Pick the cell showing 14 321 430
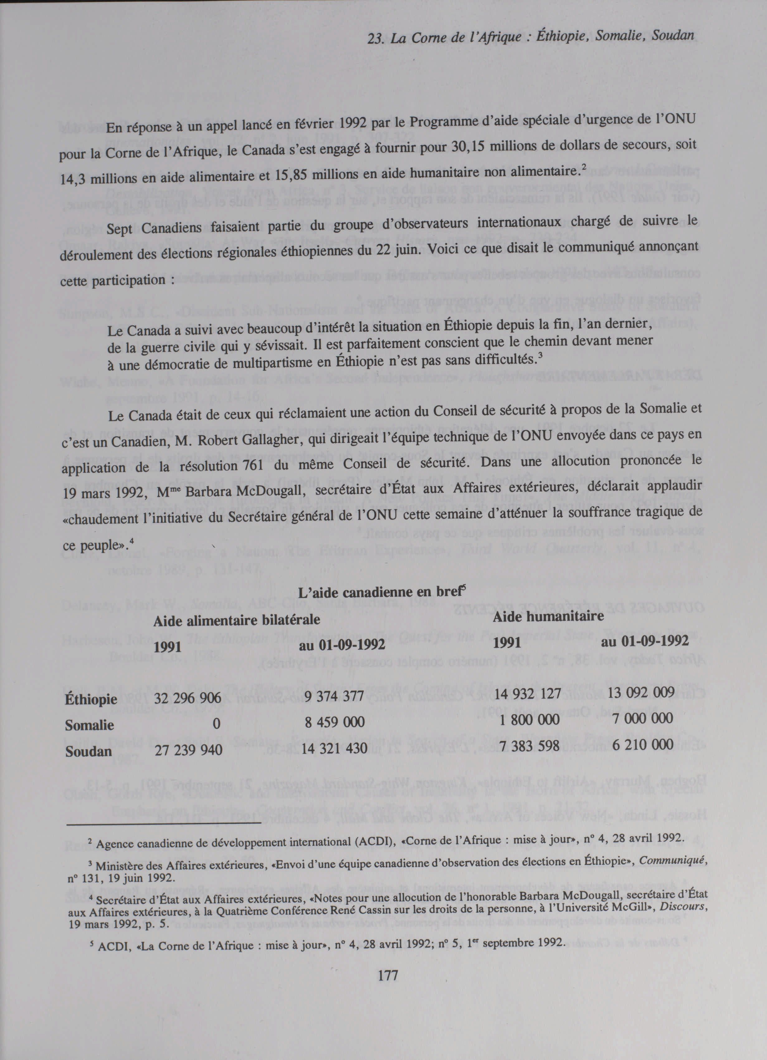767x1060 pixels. [x=334, y=748]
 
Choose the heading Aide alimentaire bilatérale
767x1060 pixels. [x=237, y=620]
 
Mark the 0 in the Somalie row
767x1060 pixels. [x=216, y=723]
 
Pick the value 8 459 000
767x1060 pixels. [x=334, y=722]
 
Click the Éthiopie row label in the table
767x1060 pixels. [x=91, y=700]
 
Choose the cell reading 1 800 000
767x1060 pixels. [x=529, y=719]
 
